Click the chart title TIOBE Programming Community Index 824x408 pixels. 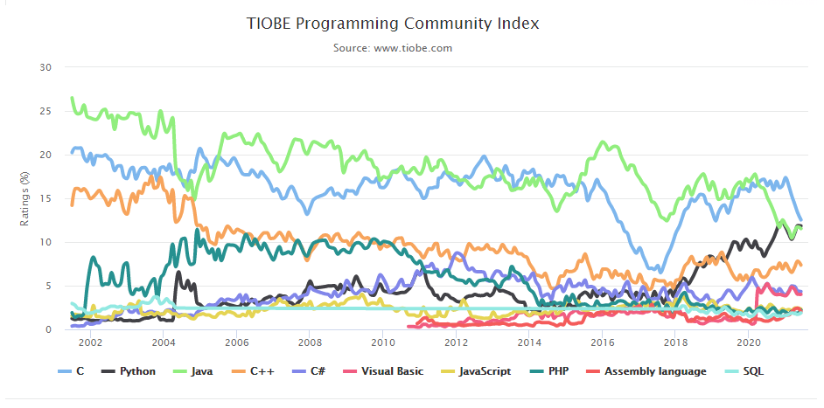pos(393,24)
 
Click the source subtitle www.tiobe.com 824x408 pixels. pos(393,47)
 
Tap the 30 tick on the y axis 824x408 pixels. pos(46,67)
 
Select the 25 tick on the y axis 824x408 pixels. pos(46,111)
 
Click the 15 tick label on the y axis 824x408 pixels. pos(46,198)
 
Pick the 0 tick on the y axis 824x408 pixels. pos(49,329)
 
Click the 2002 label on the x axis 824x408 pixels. pos(90,343)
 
